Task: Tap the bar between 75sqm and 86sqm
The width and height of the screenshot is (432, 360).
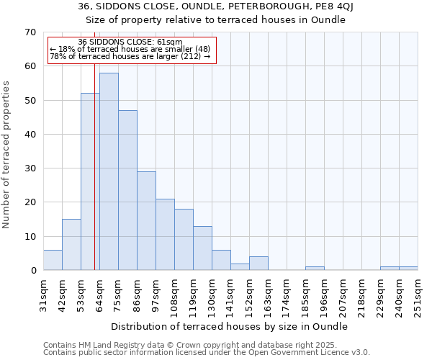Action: [127, 190]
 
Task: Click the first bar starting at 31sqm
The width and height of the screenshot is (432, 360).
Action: [53, 260]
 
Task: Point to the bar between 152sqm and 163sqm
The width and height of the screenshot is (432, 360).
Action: [258, 264]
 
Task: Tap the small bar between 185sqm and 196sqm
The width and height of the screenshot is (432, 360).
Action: [315, 269]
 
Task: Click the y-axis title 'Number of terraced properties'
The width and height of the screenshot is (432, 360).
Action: [7, 154]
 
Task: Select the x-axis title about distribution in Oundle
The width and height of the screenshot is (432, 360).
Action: [230, 326]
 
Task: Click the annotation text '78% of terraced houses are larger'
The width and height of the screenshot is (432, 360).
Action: [130, 56]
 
